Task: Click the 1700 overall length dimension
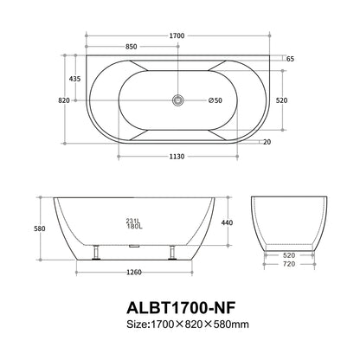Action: (177, 35)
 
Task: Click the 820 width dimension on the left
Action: (62, 100)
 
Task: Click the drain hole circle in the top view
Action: (178, 100)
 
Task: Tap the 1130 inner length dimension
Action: (177, 157)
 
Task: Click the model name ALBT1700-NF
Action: (179, 307)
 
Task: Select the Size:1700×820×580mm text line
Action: (179, 325)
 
